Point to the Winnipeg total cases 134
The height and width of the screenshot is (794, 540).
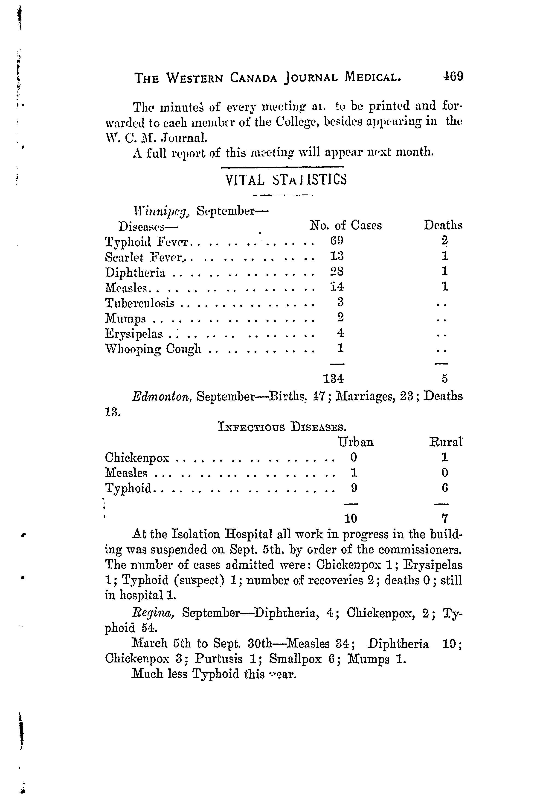334,379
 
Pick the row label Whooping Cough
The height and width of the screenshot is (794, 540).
153,349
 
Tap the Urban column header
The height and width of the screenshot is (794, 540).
356,442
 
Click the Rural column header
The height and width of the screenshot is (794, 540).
445,442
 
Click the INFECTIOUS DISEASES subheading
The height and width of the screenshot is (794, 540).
282,427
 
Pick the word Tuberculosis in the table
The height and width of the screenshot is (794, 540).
140,303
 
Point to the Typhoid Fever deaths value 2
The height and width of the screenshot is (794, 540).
444,241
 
